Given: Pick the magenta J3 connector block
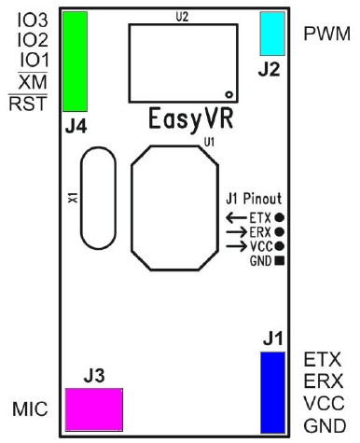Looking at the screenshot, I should [92, 408].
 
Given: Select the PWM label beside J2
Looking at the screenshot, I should [327, 34].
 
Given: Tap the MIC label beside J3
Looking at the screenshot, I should [31, 410].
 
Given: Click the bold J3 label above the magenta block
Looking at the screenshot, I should [94, 377].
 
